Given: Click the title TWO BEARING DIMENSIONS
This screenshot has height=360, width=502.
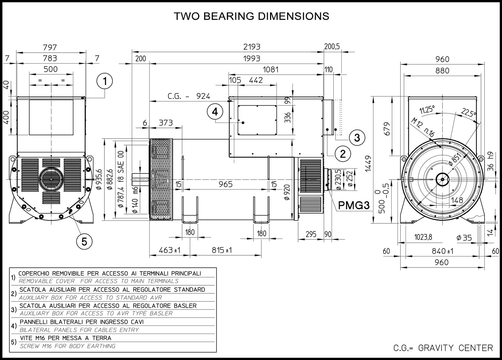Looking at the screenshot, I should pyautogui.click(x=251, y=16).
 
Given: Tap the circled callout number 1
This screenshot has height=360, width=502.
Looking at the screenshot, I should pyautogui.click(x=105, y=81).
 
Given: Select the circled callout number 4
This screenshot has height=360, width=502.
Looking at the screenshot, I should pyautogui.click(x=215, y=112).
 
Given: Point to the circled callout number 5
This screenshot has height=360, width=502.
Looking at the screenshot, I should pyautogui.click(x=84, y=241).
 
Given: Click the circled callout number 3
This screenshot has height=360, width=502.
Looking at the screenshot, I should pyautogui.click(x=357, y=137).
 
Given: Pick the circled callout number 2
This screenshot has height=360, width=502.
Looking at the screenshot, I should pyautogui.click(x=343, y=154).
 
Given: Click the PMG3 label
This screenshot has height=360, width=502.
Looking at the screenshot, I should pyautogui.click(x=353, y=205).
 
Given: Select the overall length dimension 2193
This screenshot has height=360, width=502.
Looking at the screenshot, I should pyautogui.click(x=251, y=47).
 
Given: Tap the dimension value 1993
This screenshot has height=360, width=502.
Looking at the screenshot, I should pyautogui.click(x=251, y=59).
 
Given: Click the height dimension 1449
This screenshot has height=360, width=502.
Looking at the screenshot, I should pyautogui.click(x=368, y=164).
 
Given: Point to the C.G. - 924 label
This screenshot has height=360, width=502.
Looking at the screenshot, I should pyautogui.click(x=189, y=96).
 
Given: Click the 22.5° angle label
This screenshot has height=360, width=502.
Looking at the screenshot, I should pyautogui.click(x=469, y=113).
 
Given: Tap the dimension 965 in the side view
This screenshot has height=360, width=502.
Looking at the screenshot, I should pyautogui.click(x=225, y=184).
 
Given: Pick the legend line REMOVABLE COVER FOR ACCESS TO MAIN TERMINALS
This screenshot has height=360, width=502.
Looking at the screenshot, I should pyautogui.click(x=99, y=281).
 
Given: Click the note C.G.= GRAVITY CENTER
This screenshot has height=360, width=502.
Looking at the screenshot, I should pyautogui.click(x=443, y=348).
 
